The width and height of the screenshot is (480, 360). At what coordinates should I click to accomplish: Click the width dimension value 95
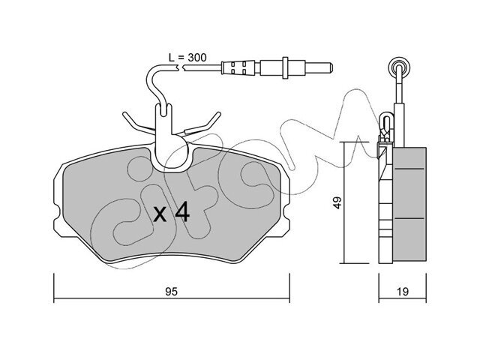click(x=172, y=292)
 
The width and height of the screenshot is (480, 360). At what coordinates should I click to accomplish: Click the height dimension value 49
click(x=337, y=202)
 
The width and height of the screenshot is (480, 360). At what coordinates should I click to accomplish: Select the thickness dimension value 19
click(x=403, y=292)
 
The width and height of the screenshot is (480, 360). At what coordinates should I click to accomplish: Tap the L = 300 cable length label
click(x=187, y=57)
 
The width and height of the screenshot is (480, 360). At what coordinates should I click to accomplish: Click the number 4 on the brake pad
click(x=182, y=212)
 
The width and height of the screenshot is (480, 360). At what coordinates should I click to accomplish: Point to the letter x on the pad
click(x=160, y=214)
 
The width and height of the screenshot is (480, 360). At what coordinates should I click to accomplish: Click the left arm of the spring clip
click(x=138, y=123)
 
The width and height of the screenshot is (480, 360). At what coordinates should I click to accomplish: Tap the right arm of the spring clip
click(x=203, y=123)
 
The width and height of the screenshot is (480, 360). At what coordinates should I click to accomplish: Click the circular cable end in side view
click(x=398, y=67)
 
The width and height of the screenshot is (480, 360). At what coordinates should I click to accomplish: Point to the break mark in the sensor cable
click(x=180, y=68)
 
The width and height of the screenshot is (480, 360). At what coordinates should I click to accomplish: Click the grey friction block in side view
click(x=409, y=204)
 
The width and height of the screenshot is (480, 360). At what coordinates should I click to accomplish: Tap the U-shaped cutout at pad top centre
click(x=171, y=156)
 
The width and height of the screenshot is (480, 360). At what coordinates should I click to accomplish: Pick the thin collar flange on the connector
click(x=285, y=67)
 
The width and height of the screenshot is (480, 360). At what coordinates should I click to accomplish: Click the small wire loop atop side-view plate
click(x=386, y=123)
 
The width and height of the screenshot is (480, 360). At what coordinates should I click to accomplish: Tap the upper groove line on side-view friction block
click(x=409, y=169)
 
